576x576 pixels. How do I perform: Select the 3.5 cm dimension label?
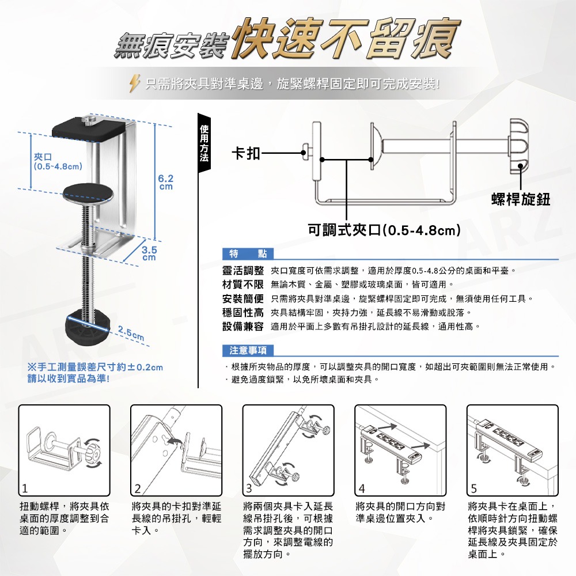coord(149,253)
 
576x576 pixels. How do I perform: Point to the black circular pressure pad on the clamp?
coord(88,191)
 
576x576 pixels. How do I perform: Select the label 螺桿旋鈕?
coord(521,199)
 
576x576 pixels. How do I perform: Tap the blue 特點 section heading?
coord(248,254)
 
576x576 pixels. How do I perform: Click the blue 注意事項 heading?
coord(248,350)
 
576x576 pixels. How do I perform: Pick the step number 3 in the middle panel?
coord(248,490)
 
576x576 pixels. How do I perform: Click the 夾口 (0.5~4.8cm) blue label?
coord(56,162)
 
